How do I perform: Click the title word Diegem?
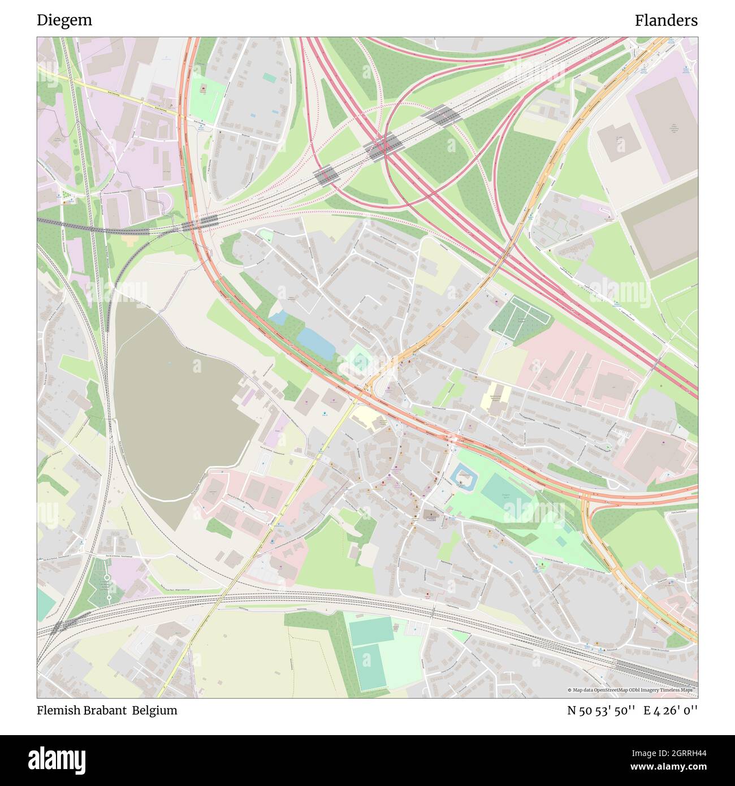click(x=64, y=20)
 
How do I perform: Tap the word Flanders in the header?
click(x=665, y=20)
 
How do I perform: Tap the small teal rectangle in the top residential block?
click(x=270, y=77)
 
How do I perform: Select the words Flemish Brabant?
click(x=81, y=710)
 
